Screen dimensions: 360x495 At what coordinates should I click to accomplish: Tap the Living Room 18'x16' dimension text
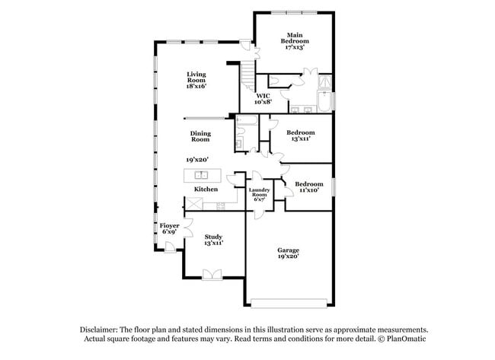coord(196,86)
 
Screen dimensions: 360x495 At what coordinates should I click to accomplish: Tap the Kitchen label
coord(206,189)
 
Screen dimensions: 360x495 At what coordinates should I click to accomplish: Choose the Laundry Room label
coord(260,193)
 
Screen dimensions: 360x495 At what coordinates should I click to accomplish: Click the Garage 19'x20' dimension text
coord(288,257)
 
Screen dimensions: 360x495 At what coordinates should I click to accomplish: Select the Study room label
coord(213,237)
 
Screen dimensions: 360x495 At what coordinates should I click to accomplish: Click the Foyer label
coord(169,225)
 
